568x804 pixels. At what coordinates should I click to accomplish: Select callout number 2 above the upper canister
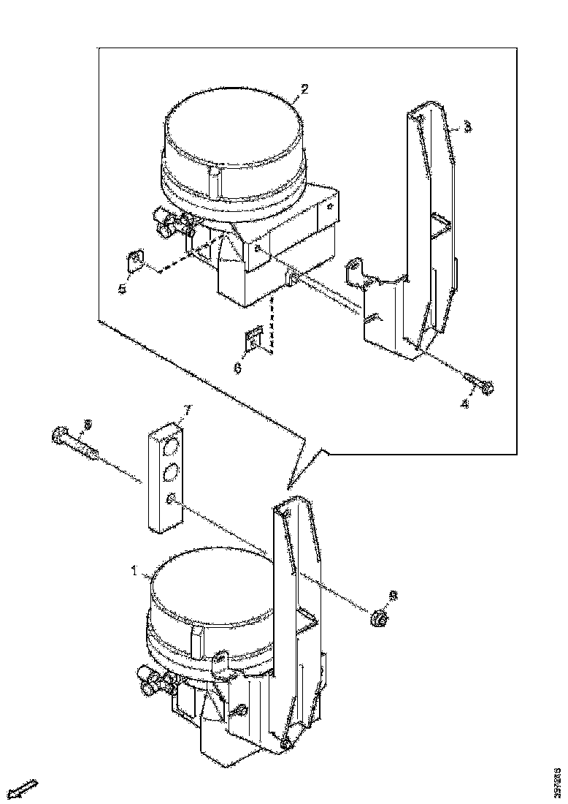coord(304,88)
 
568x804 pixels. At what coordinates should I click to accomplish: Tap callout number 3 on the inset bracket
coord(467,126)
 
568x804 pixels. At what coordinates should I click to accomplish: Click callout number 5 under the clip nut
coord(122,288)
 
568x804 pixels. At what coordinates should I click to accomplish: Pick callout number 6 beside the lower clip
coord(237,368)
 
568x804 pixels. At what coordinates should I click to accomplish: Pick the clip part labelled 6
coord(253,340)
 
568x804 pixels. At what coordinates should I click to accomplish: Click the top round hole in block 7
coord(171,447)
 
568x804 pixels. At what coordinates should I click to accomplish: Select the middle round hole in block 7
coord(170,473)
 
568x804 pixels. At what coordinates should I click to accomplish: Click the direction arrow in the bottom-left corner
coord(26,789)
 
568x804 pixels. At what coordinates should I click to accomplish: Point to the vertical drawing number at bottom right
coord(559,781)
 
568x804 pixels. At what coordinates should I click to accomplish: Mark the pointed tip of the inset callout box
coord(289,485)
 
